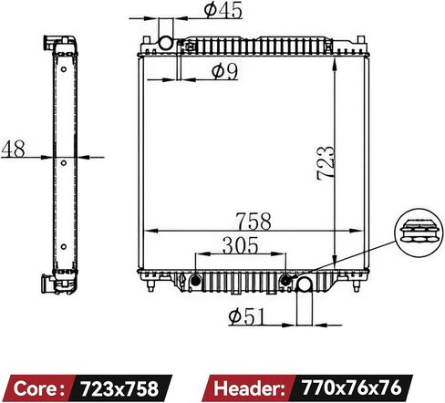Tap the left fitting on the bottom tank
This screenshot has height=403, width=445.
194,280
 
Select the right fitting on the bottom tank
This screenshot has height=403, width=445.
287,279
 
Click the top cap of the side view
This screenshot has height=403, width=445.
59,44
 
